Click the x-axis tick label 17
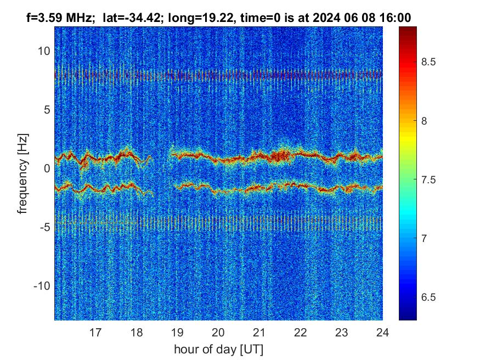[x=95, y=331]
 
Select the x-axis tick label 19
[x=177, y=331]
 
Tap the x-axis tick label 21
[x=259, y=331]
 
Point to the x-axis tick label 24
[x=382, y=331]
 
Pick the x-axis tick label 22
[x=300, y=331]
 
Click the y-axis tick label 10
[x=44, y=51]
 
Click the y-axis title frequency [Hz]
[x=22, y=173]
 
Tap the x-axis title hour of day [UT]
[x=218, y=349]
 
